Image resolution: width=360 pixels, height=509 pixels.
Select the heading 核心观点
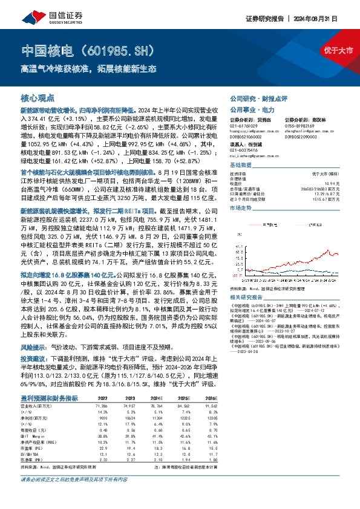[x=38, y=97]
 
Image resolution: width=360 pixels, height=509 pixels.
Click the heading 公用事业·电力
[x=252, y=110]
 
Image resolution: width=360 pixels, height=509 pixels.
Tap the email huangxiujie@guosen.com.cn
[x=254, y=131]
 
